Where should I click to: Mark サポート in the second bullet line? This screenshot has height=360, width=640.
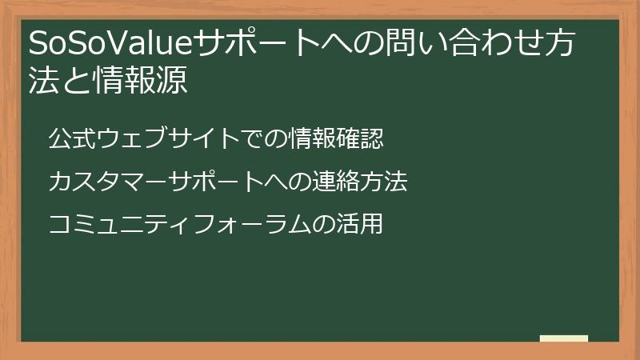(x=216, y=182)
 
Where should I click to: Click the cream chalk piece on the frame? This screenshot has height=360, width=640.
(x=563, y=338)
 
